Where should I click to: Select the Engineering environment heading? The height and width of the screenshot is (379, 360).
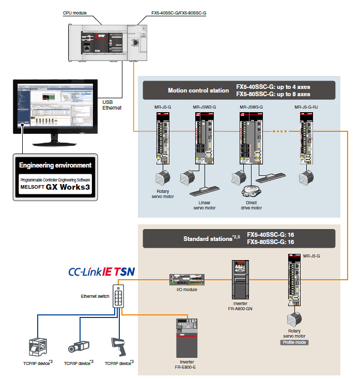(x=55, y=165)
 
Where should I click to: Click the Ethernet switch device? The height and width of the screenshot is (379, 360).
(x=120, y=298)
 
